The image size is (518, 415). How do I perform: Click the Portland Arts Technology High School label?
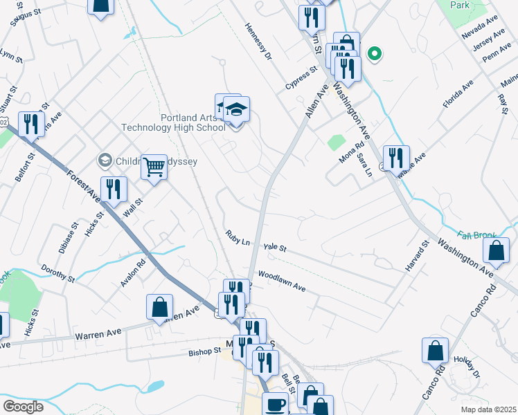pos(175,122)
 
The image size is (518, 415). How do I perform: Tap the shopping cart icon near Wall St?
pos(154,166)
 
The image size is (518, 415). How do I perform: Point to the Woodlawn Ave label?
pos(281,280)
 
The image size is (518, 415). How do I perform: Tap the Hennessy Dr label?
pos(256,41)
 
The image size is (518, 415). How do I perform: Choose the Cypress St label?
pos(301,78)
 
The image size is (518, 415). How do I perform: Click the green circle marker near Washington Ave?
pos(375,53)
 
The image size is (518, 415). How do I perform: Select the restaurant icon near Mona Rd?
pos(395,158)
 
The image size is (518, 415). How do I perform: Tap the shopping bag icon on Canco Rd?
pos(436,350)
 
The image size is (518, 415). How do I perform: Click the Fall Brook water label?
pos(474,235)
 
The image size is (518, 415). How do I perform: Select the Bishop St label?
pos(204,351)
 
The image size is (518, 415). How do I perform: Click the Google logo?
pos(23,407)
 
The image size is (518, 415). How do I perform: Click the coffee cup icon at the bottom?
pos(276,405)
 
